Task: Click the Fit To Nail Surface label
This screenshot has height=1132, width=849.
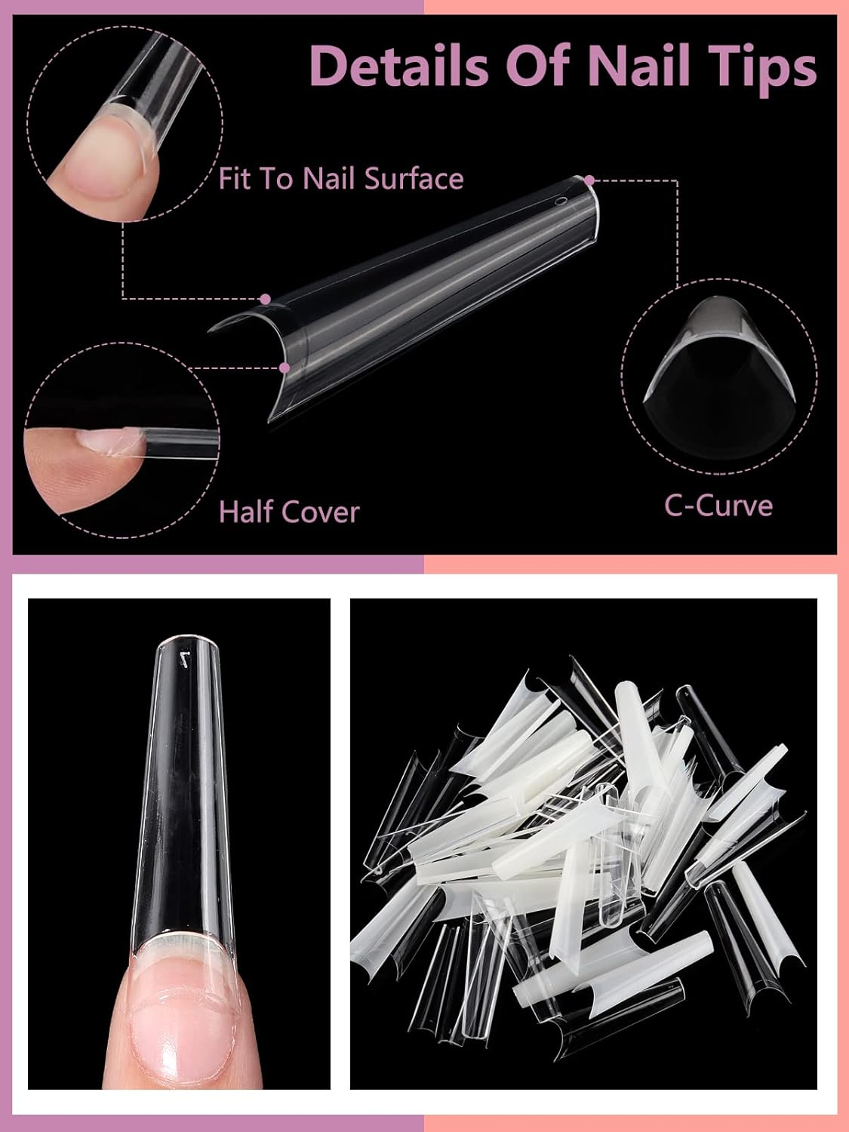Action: point(340,179)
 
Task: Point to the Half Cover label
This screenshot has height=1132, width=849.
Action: point(288,512)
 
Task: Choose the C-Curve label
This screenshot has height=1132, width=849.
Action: point(718,505)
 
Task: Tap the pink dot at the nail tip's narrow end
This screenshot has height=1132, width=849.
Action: point(590,180)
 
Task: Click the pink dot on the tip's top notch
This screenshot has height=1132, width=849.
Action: point(264,300)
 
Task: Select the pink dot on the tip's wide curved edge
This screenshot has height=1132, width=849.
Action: point(285,368)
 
